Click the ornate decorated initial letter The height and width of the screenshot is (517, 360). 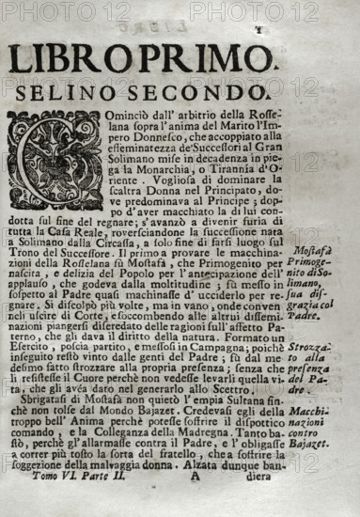pyautogui.click(x=55, y=160)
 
